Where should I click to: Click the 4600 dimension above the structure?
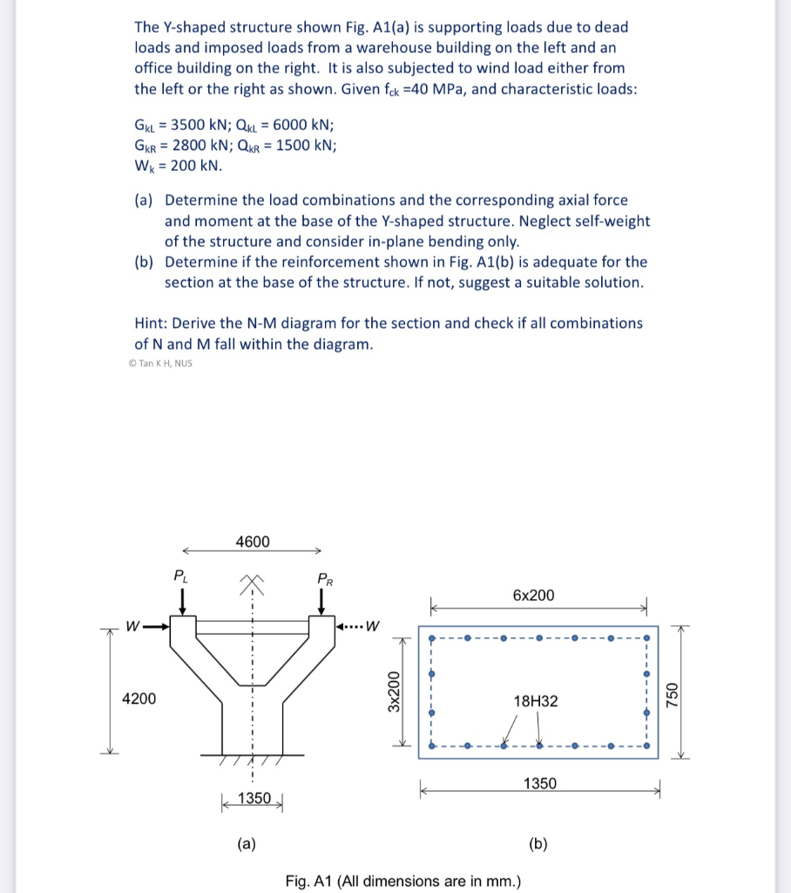click(252, 542)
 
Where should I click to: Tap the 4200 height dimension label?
click(139, 699)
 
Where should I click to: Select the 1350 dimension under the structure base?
click(254, 799)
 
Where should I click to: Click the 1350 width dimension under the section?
click(539, 783)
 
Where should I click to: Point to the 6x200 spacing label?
click(533, 595)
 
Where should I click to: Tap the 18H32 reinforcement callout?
click(536, 700)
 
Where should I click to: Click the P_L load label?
click(179, 575)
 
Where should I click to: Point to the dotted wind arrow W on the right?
click(359, 624)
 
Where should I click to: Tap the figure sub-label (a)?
click(247, 842)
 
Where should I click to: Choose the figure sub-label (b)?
click(537, 842)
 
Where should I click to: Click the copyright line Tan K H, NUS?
click(160, 364)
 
